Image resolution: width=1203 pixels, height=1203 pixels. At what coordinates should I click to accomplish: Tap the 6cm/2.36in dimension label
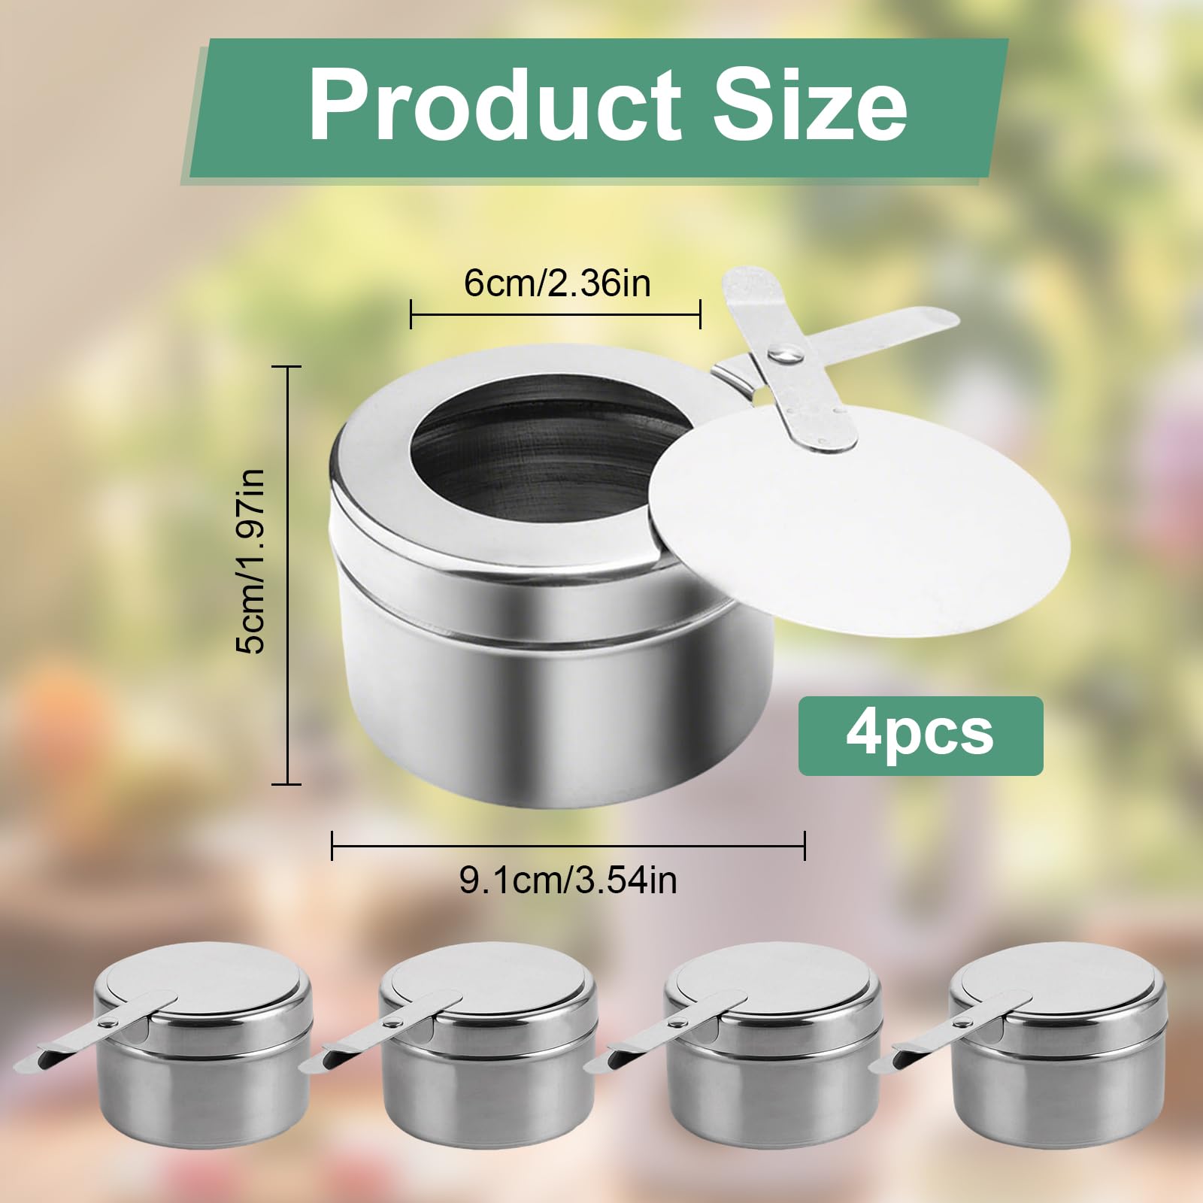(556, 285)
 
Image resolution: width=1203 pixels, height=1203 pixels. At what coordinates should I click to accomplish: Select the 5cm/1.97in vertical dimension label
(250, 560)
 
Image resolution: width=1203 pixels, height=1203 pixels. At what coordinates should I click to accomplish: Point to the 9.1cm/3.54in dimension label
(568, 880)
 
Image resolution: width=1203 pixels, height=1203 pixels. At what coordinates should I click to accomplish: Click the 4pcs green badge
(920, 735)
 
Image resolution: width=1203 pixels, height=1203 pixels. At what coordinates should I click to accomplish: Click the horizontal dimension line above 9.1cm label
(568, 846)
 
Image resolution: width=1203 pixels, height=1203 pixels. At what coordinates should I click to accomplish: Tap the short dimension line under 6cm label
(555, 314)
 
